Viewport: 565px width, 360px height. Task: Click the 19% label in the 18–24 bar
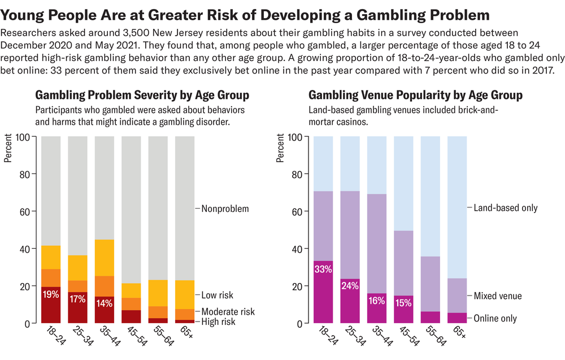pyautogui.click(x=51, y=293)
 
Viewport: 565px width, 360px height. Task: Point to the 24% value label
pyautogui.click(x=349, y=286)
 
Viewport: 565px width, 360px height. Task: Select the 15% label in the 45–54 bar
pyautogui.click(x=403, y=302)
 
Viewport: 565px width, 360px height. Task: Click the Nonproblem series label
pyautogui.click(x=225, y=209)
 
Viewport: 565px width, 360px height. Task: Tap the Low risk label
pyautogui.click(x=217, y=295)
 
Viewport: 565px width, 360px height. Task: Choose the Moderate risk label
pyautogui.click(x=228, y=311)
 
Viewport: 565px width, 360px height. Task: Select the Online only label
pyautogui.click(x=496, y=318)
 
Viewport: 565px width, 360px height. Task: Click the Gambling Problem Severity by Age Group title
pyautogui.click(x=142, y=95)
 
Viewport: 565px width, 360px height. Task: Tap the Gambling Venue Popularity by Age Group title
pyautogui.click(x=415, y=95)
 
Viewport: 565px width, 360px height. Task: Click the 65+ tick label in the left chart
pyautogui.click(x=184, y=337)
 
